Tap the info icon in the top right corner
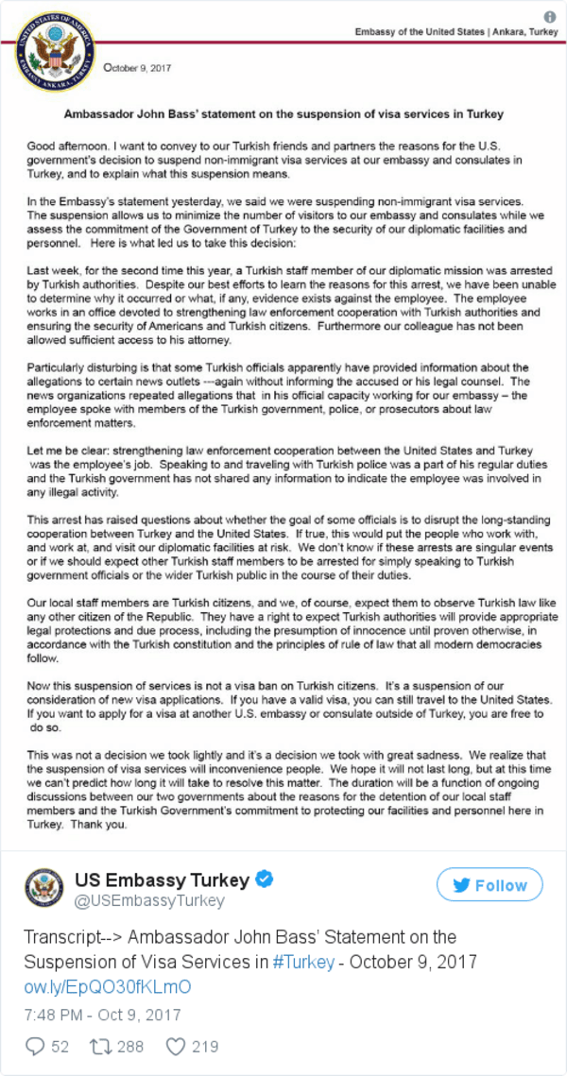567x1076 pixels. point(550,17)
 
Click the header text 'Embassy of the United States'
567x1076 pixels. point(416,32)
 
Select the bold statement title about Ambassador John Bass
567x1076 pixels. point(283,113)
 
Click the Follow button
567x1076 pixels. point(489,885)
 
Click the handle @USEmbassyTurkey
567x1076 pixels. point(149,900)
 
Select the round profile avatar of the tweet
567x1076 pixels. point(44,889)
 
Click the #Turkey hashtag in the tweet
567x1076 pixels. point(303,962)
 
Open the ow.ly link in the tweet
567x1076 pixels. point(108,986)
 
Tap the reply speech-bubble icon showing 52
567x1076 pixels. point(37,1046)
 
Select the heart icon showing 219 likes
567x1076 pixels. point(175,1046)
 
